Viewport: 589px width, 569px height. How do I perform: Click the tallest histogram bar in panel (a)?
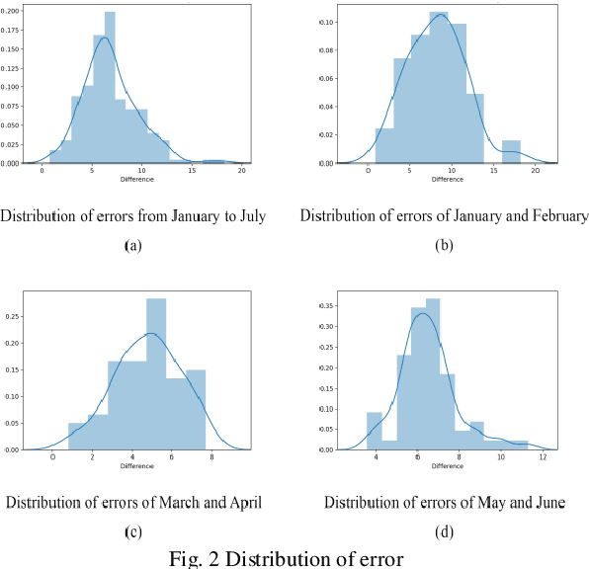[110, 89]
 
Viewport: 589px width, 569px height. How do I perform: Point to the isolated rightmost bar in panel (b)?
[510, 151]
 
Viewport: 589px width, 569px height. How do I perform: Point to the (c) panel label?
[130, 531]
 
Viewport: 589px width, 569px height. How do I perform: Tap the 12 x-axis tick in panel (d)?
[543, 458]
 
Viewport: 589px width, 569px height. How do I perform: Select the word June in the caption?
[547, 504]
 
